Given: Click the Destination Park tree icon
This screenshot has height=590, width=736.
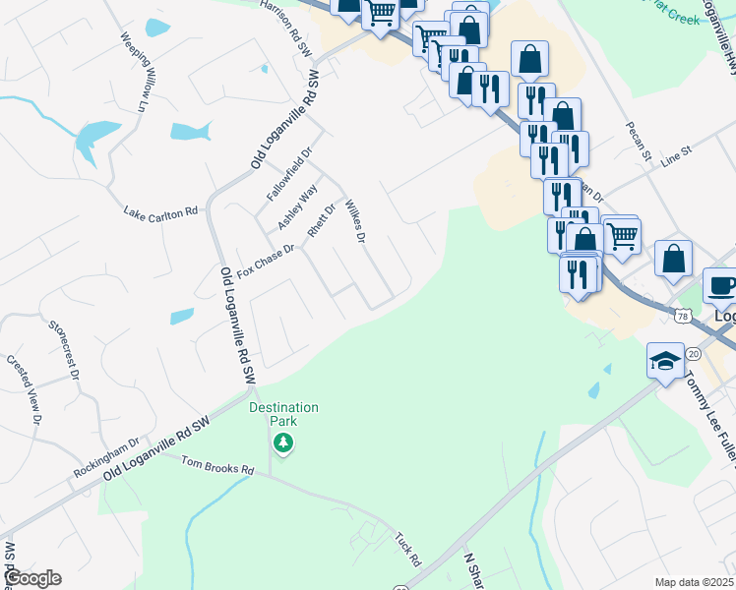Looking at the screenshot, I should pyautogui.click(x=283, y=443).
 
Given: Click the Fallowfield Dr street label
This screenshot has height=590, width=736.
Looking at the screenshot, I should pyautogui.click(x=289, y=175).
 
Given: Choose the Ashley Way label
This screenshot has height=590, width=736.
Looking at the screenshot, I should pyautogui.click(x=297, y=207).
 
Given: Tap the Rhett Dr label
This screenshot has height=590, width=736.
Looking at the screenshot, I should pyautogui.click(x=322, y=220).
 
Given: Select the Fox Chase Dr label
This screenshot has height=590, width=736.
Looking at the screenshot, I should pyautogui.click(x=267, y=261).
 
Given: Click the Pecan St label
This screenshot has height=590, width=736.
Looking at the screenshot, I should pyautogui.click(x=639, y=141).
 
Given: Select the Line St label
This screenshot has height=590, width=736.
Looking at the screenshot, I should pyautogui.click(x=677, y=155).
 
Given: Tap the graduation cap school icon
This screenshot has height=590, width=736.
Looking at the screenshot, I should pyautogui.click(x=665, y=360).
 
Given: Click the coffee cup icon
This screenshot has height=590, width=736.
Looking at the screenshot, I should pyautogui.click(x=722, y=285).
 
